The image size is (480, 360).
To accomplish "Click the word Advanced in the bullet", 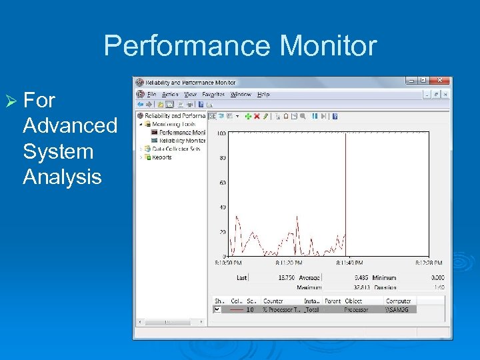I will click(x=70, y=125).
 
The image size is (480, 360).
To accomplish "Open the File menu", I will click(x=151, y=95).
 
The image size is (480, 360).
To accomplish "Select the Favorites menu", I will click(x=213, y=95).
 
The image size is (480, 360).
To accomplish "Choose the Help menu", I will click(x=263, y=95).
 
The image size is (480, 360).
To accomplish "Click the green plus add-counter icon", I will click(x=247, y=116).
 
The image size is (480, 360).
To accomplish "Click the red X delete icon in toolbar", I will click(x=256, y=116).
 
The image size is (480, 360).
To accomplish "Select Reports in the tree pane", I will click(x=161, y=157).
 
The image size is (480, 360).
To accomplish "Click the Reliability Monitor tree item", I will click(x=181, y=141).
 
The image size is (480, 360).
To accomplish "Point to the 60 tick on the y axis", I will click(x=222, y=183).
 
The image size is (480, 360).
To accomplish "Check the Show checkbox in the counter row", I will click(x=217, y=309).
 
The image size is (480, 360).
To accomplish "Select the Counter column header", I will click(x=273, y=301).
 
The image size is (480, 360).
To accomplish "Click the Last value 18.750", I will click(x=287, y=277).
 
